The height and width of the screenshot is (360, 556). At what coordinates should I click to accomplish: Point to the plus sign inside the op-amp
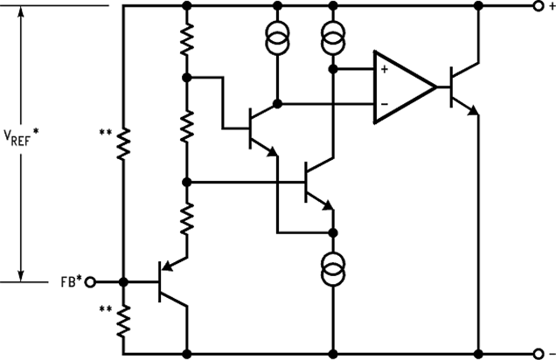click(x=384, y=68)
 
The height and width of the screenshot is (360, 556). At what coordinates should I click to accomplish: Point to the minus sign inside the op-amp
click(x=384, y=105)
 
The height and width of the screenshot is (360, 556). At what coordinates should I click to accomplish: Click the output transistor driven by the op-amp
click(x=461, y=87)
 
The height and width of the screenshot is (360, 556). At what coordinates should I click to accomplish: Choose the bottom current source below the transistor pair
click(x=332, y=267)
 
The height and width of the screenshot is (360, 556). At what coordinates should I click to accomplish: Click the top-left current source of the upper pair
click(x=278, y=38)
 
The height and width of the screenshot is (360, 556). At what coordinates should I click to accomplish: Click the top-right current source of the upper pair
click(x=332, y=38)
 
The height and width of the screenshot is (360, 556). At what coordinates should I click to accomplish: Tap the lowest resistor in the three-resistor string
click(x=186, y=217)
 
